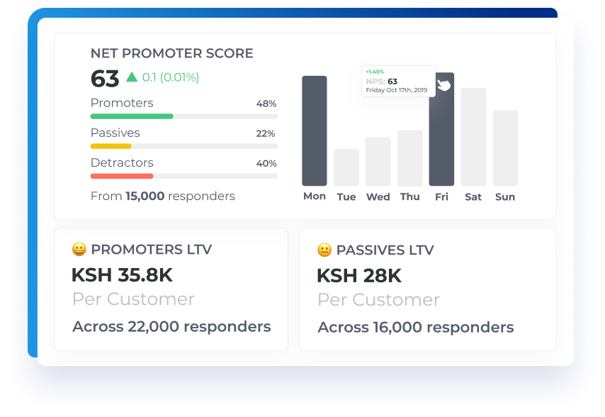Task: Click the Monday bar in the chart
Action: pos(315,130)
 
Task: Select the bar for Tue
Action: pos(346,167)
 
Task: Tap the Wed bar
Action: pos(378,162)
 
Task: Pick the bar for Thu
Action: pos(409,158)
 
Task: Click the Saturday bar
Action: pos(473,137)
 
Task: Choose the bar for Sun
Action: pos(505,148)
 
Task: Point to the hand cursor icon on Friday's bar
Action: pos(443,85)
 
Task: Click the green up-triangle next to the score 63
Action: pos(132,77)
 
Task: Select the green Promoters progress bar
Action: pos(132,116)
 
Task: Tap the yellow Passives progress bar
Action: pos(111,146)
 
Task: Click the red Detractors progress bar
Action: pos(122,176)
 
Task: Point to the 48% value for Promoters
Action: pos(266,104)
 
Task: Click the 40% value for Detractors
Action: pos(266,163)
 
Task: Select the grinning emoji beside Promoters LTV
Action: pos(79,250)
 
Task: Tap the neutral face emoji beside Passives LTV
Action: pos(324,250)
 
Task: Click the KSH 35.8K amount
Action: pos(122,275)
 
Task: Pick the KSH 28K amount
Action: pos(359,276)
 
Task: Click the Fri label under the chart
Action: pos(441,196)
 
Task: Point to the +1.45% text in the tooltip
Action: pos(375,72)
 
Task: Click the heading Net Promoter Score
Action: pos(171,53)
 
